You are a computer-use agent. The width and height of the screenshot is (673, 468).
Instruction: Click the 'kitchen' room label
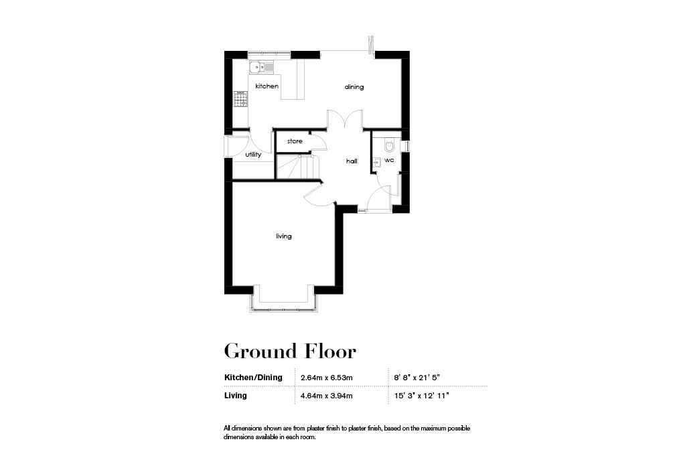pyautogui.click(x=267, y=86)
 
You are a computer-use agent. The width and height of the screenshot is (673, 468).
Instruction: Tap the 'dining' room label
pyautogui.click(x=354, y=87)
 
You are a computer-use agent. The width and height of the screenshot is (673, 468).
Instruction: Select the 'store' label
pyautogui.click(x=295, y=141)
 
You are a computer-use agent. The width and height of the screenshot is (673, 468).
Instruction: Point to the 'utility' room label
pyautogui.click(x=252, y=155)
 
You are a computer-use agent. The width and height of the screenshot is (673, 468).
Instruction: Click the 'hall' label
pyautogui.click(x=352, y=161)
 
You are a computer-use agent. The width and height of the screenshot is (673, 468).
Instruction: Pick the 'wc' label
pyautogui.click(x=389, y=161)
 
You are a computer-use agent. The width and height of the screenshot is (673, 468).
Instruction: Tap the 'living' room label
pyautogui.click(x=284, y=236)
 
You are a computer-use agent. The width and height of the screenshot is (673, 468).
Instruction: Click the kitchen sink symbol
pyautogui.click(x=258, y=67)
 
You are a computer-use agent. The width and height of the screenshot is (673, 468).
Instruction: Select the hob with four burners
pyautogui.click(x=240, y=99)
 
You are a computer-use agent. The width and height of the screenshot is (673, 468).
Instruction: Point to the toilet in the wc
pyautogui.click(x=390, y=145)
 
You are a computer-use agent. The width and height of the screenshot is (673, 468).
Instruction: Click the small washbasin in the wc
pyautogui.click(x=376, y=161)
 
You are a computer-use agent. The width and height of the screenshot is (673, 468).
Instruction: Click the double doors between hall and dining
pyautogui.click(x=345, y=121)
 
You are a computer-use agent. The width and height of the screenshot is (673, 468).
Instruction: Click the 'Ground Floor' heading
pyautogui.click(x=289, y=351)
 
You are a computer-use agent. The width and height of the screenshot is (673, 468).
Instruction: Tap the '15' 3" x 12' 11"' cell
pyautogui.click(x=422, y=396)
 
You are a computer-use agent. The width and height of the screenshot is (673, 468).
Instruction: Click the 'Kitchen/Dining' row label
pyautogui.click(x=253, y=378)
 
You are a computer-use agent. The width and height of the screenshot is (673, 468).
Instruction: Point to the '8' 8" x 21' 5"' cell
pyautogui.click(x=419, y=378)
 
